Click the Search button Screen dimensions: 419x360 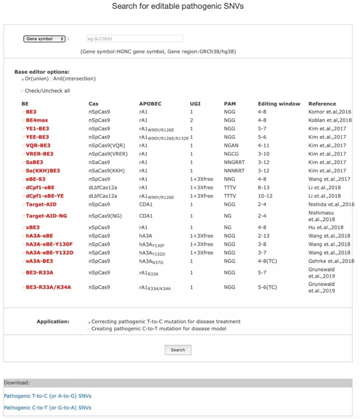coord(178,350)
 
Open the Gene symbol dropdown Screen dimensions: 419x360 coord(44,39)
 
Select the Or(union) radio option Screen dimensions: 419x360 coord(22,79)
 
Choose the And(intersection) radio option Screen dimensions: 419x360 coord(51,79)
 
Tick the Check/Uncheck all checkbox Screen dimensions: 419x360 coord(22,91)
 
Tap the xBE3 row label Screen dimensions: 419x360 coord(32,228)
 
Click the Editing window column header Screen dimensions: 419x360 coord(279,104)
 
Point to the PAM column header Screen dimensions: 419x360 coord(229,104)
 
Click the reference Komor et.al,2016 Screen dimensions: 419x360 coord(330,112)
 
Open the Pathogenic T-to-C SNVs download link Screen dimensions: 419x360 coord(47,396)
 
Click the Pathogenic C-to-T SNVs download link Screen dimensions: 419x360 coord(47,407)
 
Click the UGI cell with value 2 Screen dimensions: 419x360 coord(191,120)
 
